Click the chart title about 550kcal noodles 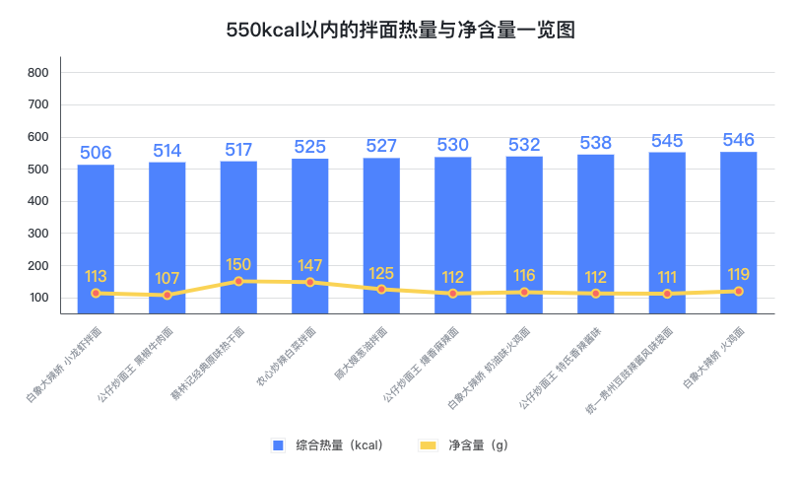click(400, 31)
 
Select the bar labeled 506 click(96, 237)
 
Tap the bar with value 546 click(738, 232)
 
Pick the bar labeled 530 click(452, 235)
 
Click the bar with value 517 click(238, 237)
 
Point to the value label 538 click(595, 143)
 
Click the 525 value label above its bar click(309, 147)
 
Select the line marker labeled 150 click(238, 281)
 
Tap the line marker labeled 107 click(167, 295)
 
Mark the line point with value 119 click(738, 291)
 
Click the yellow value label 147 click(309, 266)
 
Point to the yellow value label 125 click(381, 273)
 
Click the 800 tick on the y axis click(38, 73)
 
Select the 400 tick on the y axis click(38, 202)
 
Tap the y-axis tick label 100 click(38, 299)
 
